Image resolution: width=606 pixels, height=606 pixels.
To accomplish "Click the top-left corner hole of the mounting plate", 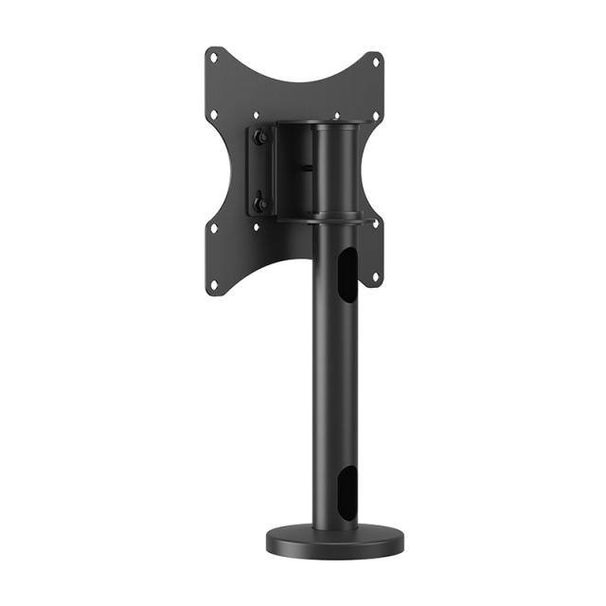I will click(x=214, y=58).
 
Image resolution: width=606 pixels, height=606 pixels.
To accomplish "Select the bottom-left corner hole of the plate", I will click(x=214, y=282).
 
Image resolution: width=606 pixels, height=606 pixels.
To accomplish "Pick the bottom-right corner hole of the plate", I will click(x=376, y=277).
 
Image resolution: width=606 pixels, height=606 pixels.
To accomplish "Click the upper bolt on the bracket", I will click(x=260, y=136).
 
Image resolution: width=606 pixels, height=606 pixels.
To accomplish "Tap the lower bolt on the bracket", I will click(x=260, y=203).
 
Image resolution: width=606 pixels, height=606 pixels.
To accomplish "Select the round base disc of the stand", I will click(x=334, y=542).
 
